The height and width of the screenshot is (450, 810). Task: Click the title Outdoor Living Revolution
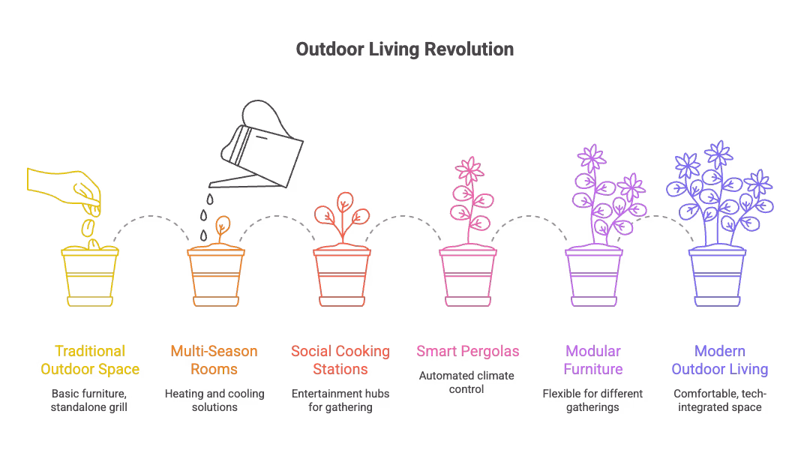pos(404,49)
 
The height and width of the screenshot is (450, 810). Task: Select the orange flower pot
pos(215,277)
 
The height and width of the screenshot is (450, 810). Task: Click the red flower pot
pos(341,277)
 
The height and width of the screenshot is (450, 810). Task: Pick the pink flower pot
pos(467,277)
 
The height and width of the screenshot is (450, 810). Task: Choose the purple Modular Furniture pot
pos(593,277)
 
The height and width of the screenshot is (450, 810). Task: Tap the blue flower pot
pos(718,277)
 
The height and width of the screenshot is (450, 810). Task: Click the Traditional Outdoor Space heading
pos(90,360)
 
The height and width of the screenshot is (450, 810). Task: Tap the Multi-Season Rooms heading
pos(214,360)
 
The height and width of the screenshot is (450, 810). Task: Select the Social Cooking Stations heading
pos(340,360)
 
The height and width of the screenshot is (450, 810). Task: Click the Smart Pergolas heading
pos(467,351)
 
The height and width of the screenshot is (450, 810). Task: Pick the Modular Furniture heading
pos(593,360)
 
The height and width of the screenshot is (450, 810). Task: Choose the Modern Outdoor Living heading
pos(719,360)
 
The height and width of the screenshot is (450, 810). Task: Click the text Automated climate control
pos(467,382)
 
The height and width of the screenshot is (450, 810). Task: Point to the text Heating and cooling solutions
pos(214,400)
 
